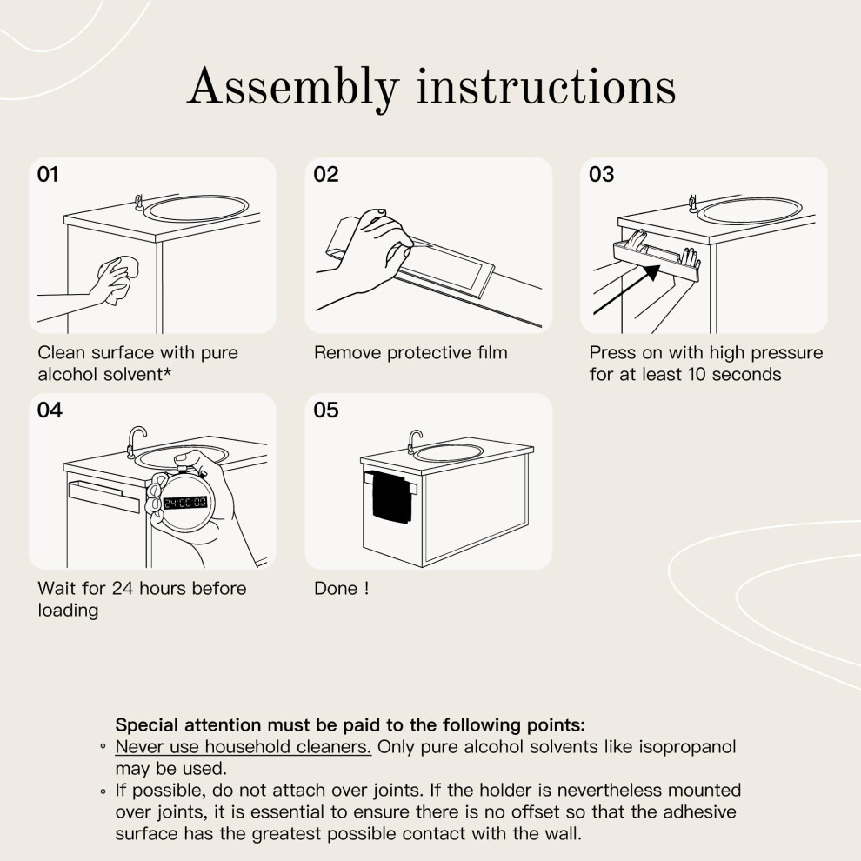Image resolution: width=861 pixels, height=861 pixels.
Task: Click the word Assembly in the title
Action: point(293,88)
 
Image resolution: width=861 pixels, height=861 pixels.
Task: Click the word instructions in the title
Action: point(546,87)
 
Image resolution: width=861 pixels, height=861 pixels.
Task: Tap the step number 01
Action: point(48,174)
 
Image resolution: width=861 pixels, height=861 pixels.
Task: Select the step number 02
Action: point(326,174)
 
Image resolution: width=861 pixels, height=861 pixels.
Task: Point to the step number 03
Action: point(602,174)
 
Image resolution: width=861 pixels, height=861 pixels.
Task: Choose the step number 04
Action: point(50,410)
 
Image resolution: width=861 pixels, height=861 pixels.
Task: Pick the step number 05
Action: point(326,410)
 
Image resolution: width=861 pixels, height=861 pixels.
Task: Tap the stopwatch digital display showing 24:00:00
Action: point(185,503)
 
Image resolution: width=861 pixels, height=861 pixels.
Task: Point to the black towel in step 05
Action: point(391,497)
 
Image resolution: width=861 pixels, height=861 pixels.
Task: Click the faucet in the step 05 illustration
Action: point(415,441)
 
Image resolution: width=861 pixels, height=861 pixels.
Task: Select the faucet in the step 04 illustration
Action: point(136,441)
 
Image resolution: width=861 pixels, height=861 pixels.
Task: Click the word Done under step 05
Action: point(336,588)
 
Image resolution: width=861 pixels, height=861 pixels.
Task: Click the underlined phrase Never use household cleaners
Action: point(244,747)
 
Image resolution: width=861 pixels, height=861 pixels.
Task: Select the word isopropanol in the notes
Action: point(687,748)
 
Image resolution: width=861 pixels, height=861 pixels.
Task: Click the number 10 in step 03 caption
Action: point(697,375)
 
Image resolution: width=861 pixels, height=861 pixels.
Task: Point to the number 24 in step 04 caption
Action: point(123,588)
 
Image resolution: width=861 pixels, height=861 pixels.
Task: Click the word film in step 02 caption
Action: point(492,352)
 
